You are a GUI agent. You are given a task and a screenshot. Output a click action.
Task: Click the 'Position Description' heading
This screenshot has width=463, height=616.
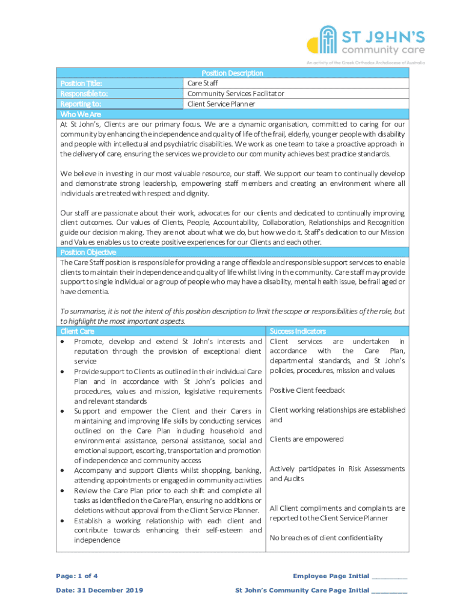tap(232, 73)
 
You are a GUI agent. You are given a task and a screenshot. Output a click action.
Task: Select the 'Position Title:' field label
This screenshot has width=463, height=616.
tap(81, 84)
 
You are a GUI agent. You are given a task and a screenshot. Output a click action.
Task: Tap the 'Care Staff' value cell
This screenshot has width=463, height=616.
tap(203, 84)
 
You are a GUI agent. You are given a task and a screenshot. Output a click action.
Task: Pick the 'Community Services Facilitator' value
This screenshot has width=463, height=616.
tap(236, 94)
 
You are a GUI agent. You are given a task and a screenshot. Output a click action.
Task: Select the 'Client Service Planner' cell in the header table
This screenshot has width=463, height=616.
tap(221, 104)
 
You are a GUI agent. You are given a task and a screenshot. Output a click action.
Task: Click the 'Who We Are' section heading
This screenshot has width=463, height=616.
tap(81, 114)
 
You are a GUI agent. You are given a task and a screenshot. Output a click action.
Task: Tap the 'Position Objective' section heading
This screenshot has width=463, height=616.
tap(88, 253)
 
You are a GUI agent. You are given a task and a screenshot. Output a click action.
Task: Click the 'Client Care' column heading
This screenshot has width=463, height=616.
tap(78, 331)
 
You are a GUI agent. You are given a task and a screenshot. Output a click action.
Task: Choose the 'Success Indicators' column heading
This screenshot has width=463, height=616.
tap(298, 331)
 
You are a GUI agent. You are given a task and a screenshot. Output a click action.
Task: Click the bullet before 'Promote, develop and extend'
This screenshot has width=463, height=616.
tap(63, 342)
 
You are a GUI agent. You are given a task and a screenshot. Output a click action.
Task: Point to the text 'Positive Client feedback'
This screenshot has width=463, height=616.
tap(307, 390)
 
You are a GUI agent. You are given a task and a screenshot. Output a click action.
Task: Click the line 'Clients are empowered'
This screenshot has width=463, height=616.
tap(307, 439)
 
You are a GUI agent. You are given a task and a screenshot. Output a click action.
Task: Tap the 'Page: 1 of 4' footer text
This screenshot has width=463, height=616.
tap(78, 576)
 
